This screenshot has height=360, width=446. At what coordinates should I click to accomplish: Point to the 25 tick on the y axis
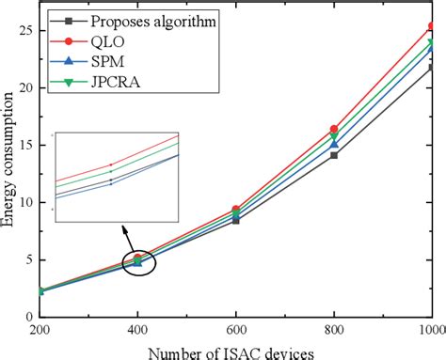point(27,30)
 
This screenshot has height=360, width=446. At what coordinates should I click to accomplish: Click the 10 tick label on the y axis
point(27,202)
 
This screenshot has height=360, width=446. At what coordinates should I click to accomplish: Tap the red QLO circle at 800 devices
point(333,129)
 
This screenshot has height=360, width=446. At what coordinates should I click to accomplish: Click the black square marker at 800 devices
point(333,155)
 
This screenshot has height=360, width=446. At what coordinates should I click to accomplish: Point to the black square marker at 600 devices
point(236,220)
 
